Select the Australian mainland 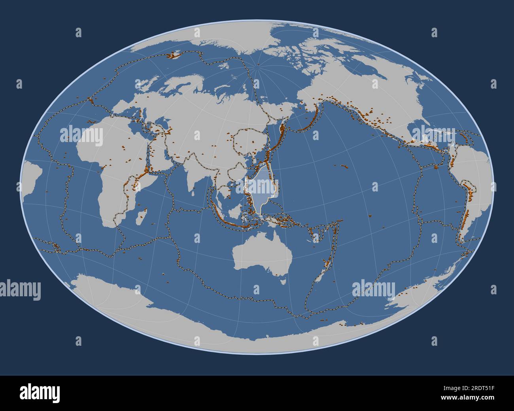(261, 253)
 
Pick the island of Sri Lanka (193, 193)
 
